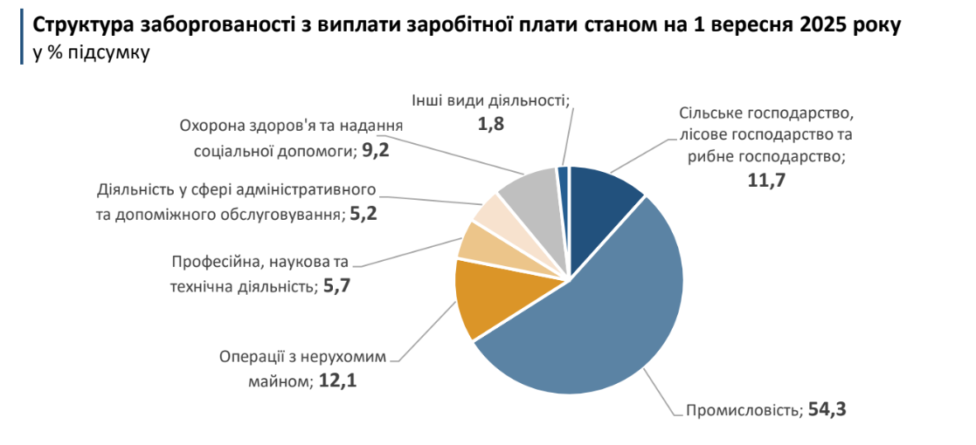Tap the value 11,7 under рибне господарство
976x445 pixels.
pos(765,181)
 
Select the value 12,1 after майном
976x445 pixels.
pos(337,381)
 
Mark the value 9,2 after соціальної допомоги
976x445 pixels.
pos(375,150)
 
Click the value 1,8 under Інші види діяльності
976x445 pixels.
pos(489,125)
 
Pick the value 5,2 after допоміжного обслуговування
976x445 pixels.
pos(363,214)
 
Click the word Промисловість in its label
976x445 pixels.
pos(744,410)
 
